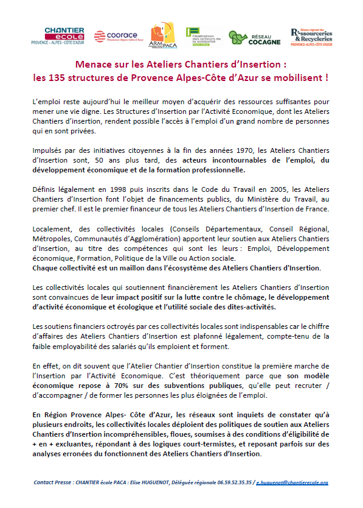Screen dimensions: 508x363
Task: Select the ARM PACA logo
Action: pyautogui.click(x=162, y=36)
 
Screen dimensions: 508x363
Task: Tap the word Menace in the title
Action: pyautogui.click(x=94, y=65)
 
